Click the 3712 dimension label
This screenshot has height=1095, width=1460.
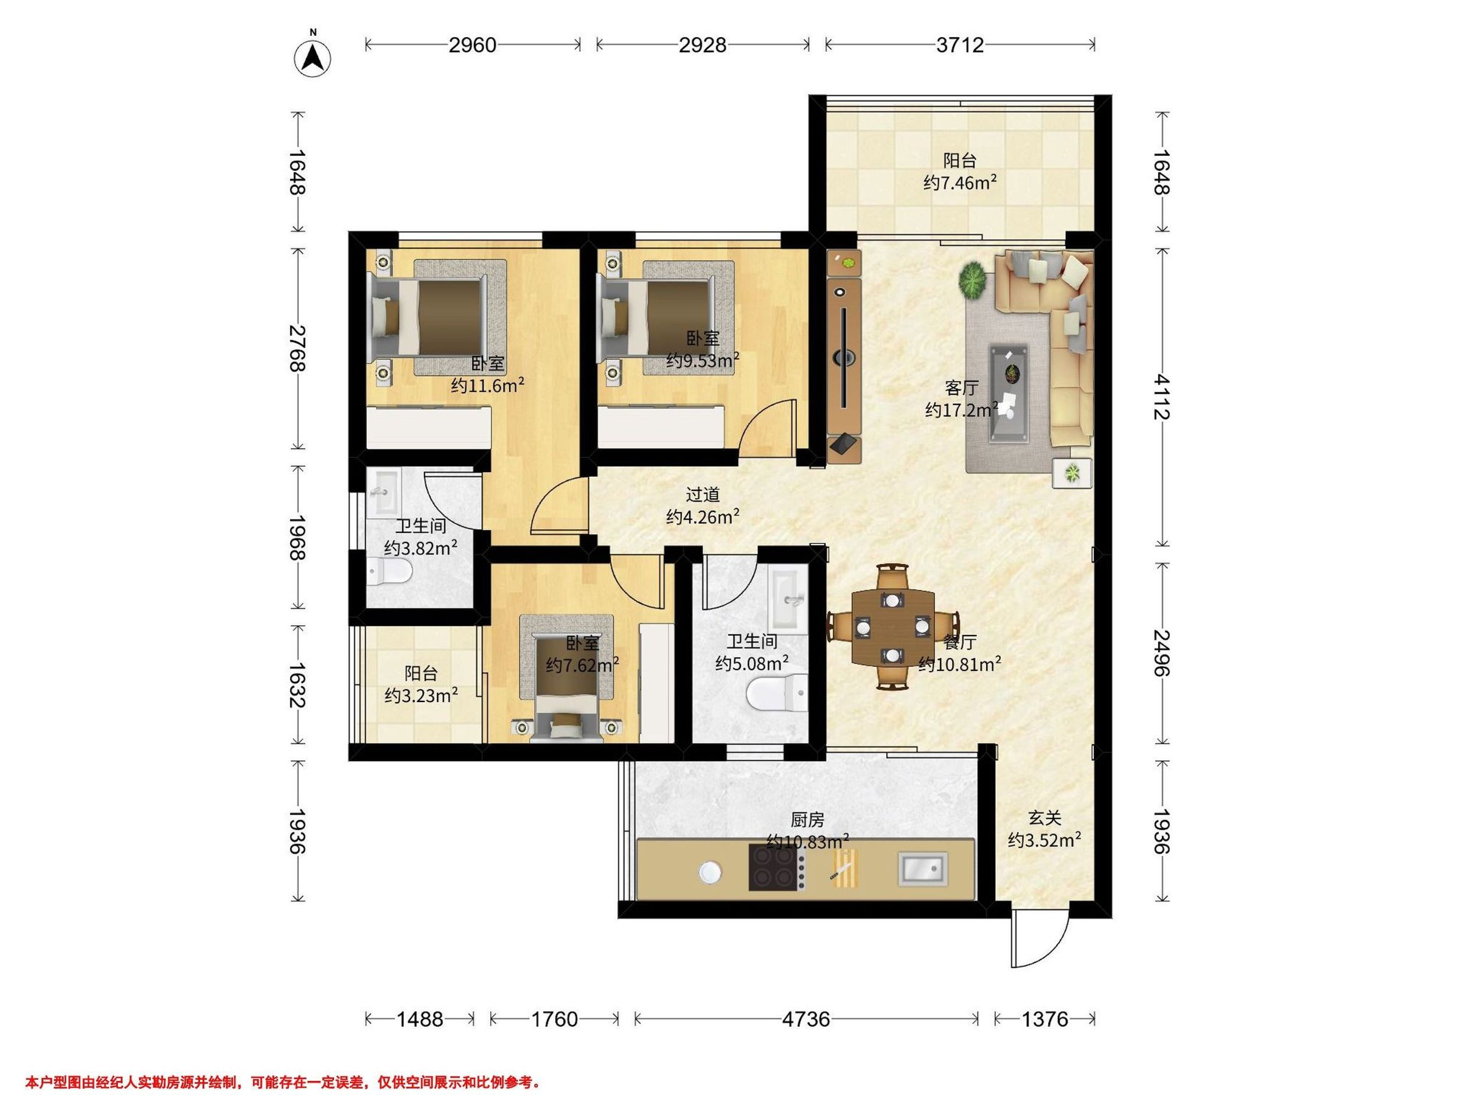click(960, 45)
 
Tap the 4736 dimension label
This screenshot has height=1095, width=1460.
click(806, 1020)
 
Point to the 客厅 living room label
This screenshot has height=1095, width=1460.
click(961, 388)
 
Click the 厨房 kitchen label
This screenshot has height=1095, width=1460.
click(807, 820)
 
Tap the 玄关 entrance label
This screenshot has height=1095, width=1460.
click(1044, 818)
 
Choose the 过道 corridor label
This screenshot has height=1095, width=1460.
click(702, 495)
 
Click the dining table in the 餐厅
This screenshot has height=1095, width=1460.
click(892, 628)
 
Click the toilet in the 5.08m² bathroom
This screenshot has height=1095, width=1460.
click(777, 693)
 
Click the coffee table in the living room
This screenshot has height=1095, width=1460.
click(1008, 394)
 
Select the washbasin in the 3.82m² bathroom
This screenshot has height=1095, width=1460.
click(383, 492)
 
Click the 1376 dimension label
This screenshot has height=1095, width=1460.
click(1044, 1020)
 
